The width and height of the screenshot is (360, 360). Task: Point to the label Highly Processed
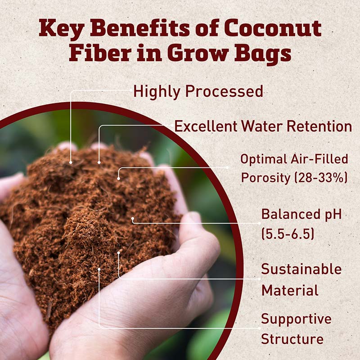tap(198, 91)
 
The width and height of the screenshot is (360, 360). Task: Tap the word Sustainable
tap(301, 270)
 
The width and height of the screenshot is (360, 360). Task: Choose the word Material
tap(290, 290)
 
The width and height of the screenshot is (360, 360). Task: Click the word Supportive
tap(296, 319)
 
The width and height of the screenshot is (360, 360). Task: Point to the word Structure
tap(292, 338)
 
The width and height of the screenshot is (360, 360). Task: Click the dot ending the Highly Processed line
tap(71, 162)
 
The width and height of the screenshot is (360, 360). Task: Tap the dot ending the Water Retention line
tap(99, 162)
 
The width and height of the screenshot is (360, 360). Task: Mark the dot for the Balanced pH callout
tap(132, 220)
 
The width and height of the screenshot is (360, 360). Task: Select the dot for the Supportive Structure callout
tap(99, 270)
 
